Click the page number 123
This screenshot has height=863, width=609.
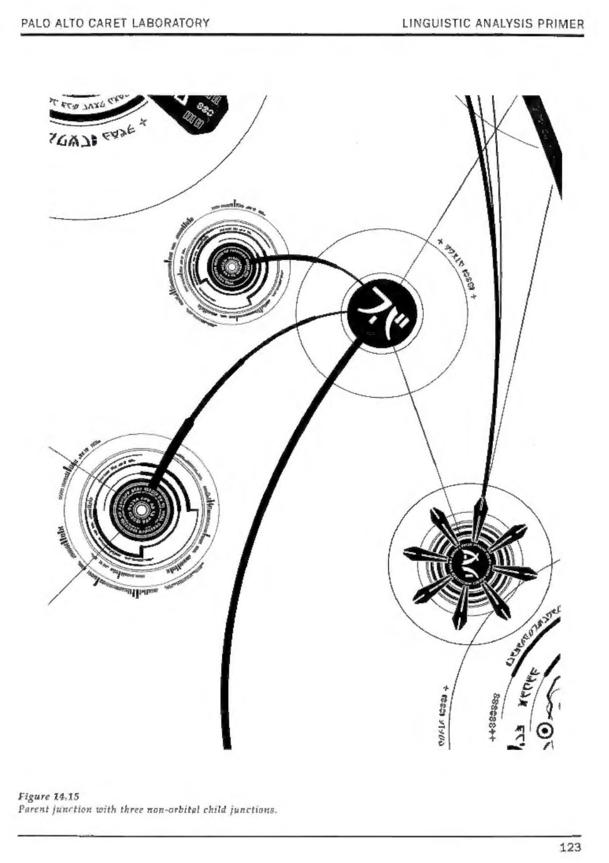tap(570, 847)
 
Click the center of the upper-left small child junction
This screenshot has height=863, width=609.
tap(231, 267)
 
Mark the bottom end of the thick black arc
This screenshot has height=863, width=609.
tap(227, 744)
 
